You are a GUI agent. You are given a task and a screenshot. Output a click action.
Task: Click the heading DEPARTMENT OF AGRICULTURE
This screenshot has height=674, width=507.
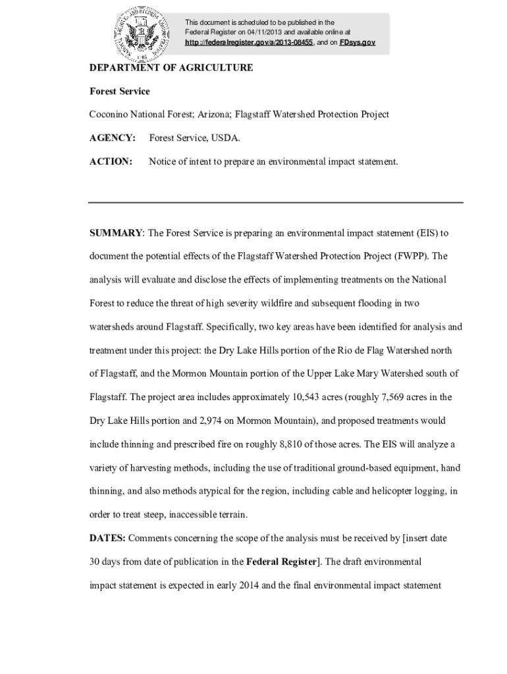pos(171,68)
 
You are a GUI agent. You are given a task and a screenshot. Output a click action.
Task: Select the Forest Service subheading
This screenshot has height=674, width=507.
pos(119,91)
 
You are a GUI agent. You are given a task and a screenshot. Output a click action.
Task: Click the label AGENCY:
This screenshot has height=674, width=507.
pos(113,138)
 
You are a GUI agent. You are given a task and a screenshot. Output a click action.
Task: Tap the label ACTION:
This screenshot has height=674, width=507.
pos(111,161)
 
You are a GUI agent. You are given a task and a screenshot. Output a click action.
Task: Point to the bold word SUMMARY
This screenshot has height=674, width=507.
pos(116,233)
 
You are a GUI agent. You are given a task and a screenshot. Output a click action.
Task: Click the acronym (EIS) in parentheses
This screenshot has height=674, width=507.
pos(427,233)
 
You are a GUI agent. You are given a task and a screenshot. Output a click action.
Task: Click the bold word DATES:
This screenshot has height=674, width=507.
pos(107,538)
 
